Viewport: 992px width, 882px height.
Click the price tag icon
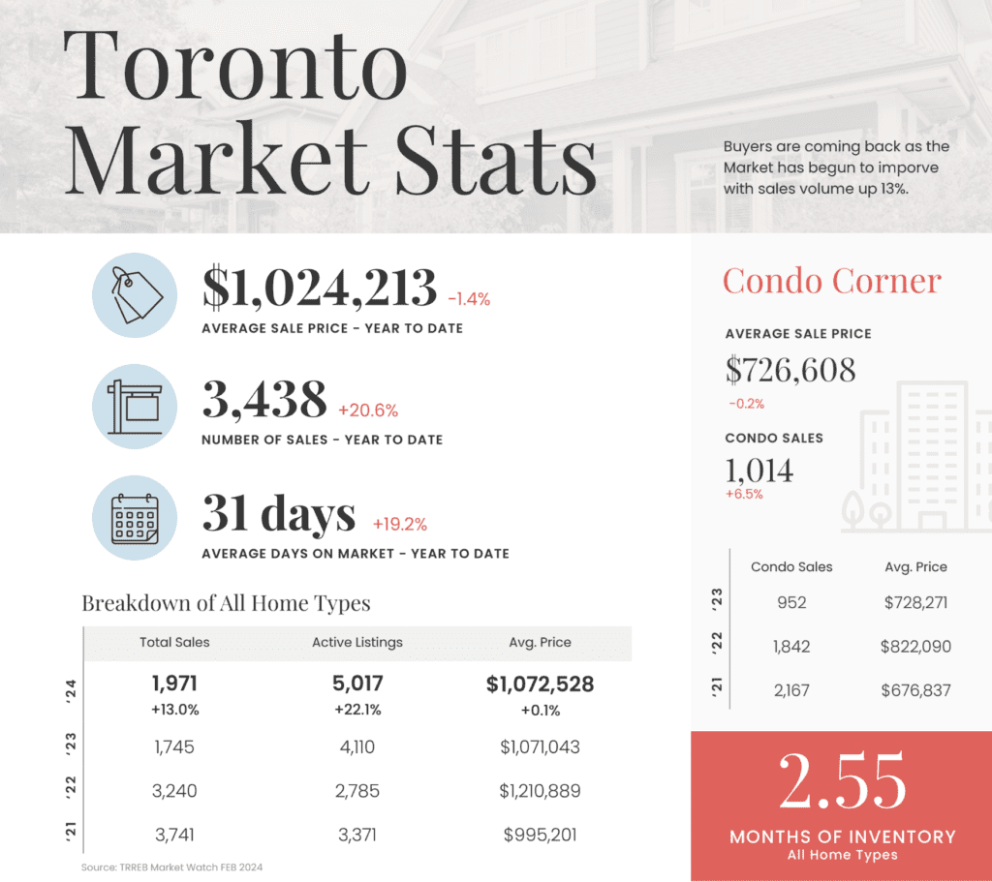point(134,294)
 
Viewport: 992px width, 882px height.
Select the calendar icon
point(134,519)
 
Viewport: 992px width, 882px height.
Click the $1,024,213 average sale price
point(320,288)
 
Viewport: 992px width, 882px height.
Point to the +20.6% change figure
point(368,411)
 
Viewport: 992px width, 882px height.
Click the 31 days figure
point(279,513)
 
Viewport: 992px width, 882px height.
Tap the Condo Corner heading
point(832,281)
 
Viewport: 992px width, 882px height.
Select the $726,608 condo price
point(790,369)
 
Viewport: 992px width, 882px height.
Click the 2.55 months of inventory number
point(841,782)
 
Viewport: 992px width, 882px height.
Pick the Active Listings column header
point(357,642)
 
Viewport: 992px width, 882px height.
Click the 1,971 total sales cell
point(175,684)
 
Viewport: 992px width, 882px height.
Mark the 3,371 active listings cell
point(357,835)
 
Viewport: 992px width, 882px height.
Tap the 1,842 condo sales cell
point(791,647)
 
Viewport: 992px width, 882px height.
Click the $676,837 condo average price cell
point(916,690)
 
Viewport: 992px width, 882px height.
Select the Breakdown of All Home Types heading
point(226,603)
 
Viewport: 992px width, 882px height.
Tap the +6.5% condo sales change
point(744,494)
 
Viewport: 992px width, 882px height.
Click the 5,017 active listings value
point(357,684)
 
